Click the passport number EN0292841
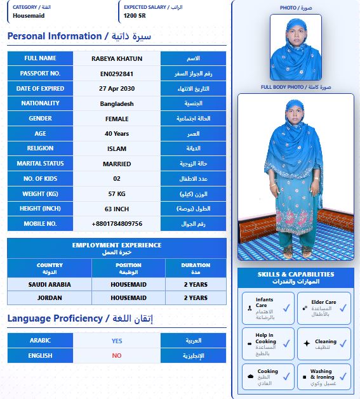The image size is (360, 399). pos(117,74)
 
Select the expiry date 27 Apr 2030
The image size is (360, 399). pos(117,89)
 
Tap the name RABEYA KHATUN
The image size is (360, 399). pos(117,58)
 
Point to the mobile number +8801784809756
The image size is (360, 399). pos(117,224)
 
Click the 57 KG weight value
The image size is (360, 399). pos(117,193)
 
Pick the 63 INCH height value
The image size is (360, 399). pos(117,209)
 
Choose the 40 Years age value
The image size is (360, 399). pos(117,134)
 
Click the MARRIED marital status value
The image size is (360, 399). pos(117,164)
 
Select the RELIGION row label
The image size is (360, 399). pos(40,148)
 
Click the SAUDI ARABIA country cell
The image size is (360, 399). pos(50,284)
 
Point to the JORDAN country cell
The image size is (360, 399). pos(50,298)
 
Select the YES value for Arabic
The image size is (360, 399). pos(117,340)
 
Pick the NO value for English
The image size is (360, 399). pos(117,355)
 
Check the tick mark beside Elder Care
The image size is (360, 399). pos(343,308)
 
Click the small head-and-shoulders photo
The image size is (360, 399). pos(296,48)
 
